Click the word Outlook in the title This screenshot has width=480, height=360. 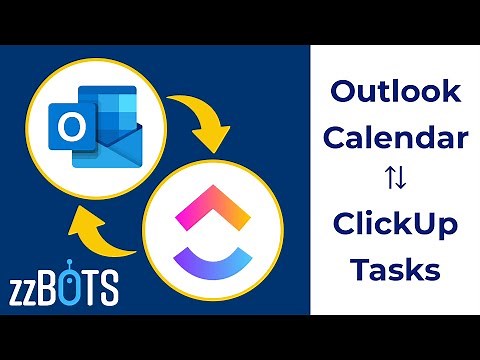(396, 93)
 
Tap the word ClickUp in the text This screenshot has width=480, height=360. (396, 225)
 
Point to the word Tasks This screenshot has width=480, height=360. (396, 268)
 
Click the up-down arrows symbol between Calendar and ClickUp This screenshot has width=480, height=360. (396, 181)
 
